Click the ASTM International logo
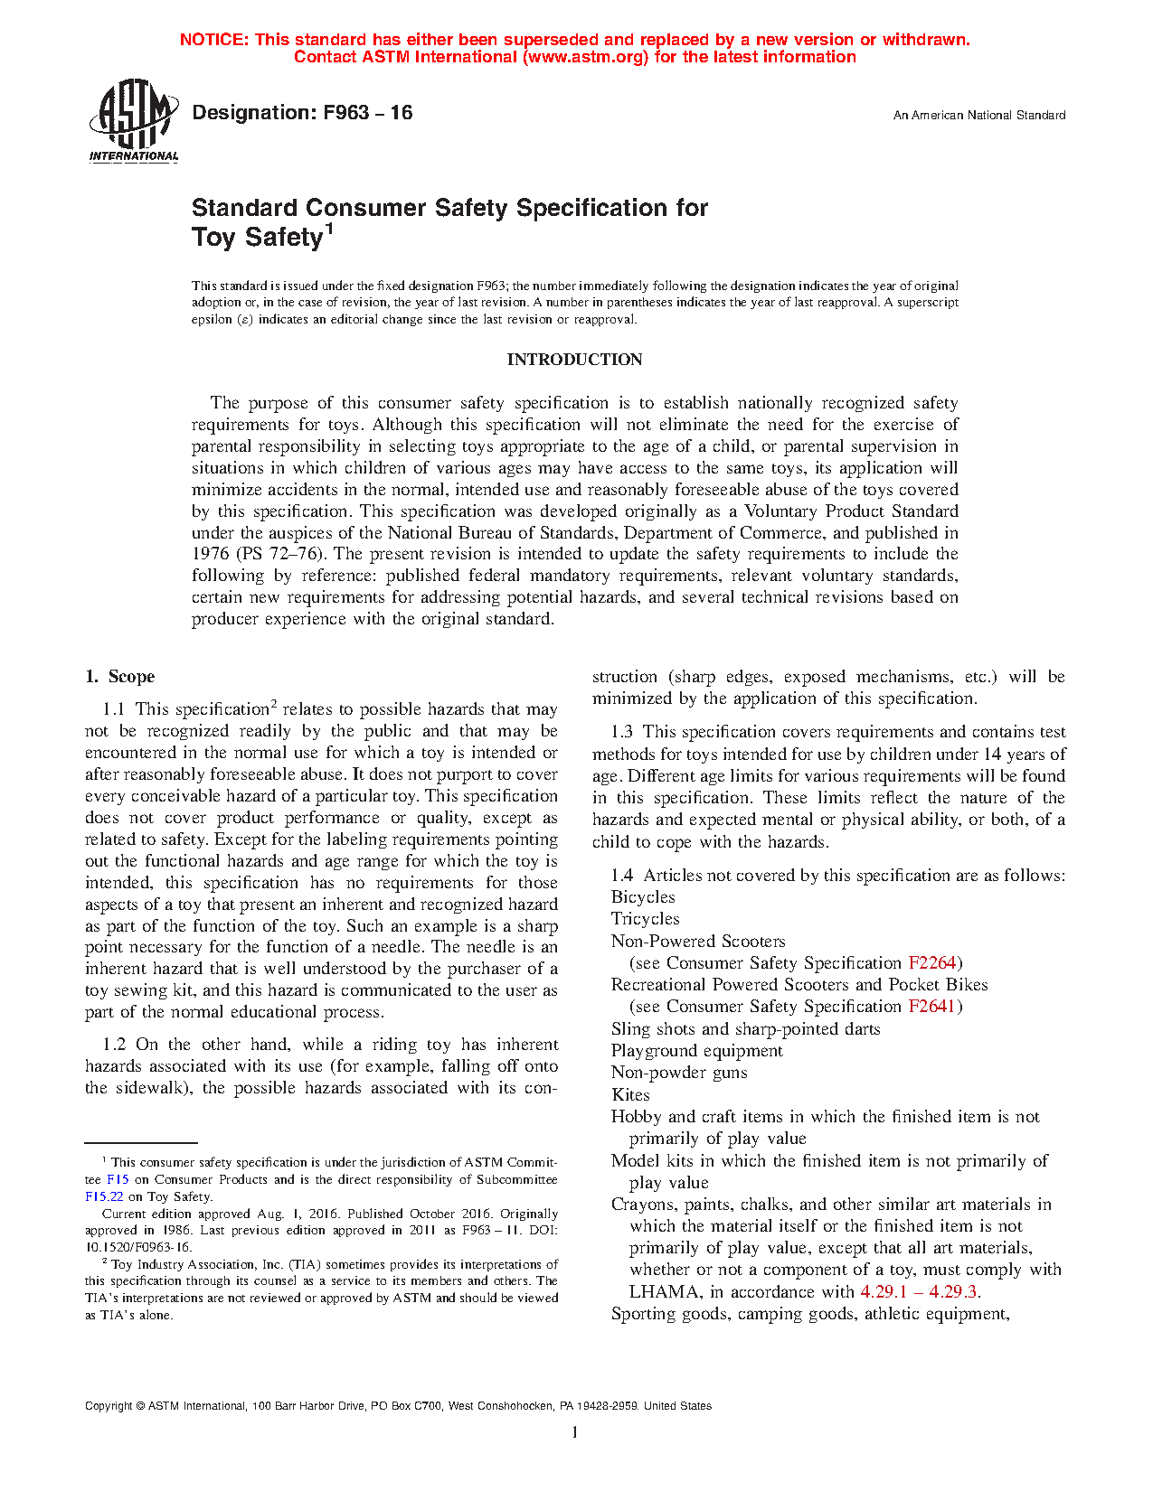pos(134,120)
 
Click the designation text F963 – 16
pos(302,113)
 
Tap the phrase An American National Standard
pos(978,116)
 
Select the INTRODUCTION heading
pos(574,360)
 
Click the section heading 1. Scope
pos(119,677)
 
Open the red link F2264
pos(932,963)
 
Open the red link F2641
pos(932,1007)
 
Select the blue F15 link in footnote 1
pos(118,1179)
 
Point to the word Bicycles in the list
pos(643,897)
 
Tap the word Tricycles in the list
pos(645,919)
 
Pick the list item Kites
pos(630,1094)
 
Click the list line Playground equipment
pos(697,1051)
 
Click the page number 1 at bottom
pos(574,1432)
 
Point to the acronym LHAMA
pos(666,1292)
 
